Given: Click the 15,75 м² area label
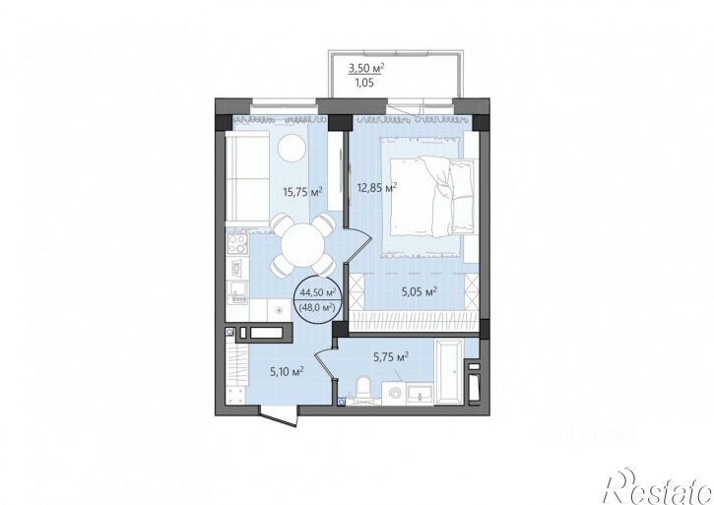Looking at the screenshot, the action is pos(302,192).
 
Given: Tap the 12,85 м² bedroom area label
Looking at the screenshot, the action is pos(375,187).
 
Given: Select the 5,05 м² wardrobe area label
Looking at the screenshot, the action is pos(420,291).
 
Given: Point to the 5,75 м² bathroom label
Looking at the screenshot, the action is pos(391,357).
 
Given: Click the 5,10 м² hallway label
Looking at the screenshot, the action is pos(287,372).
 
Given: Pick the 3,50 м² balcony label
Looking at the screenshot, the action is pos(366,69).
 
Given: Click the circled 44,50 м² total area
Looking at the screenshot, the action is pos(318,292).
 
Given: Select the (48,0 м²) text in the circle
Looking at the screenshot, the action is pos(317,308).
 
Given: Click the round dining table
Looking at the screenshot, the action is pos(302,246).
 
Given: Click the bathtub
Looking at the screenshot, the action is pos(449,371).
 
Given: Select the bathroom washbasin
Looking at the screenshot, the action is pos(420,394).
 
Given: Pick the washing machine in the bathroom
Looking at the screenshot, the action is pos(394,393).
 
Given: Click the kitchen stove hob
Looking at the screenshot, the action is pos(237,243).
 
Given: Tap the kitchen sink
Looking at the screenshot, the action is pos(237,291).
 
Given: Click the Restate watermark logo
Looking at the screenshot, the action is pos(658,486).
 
